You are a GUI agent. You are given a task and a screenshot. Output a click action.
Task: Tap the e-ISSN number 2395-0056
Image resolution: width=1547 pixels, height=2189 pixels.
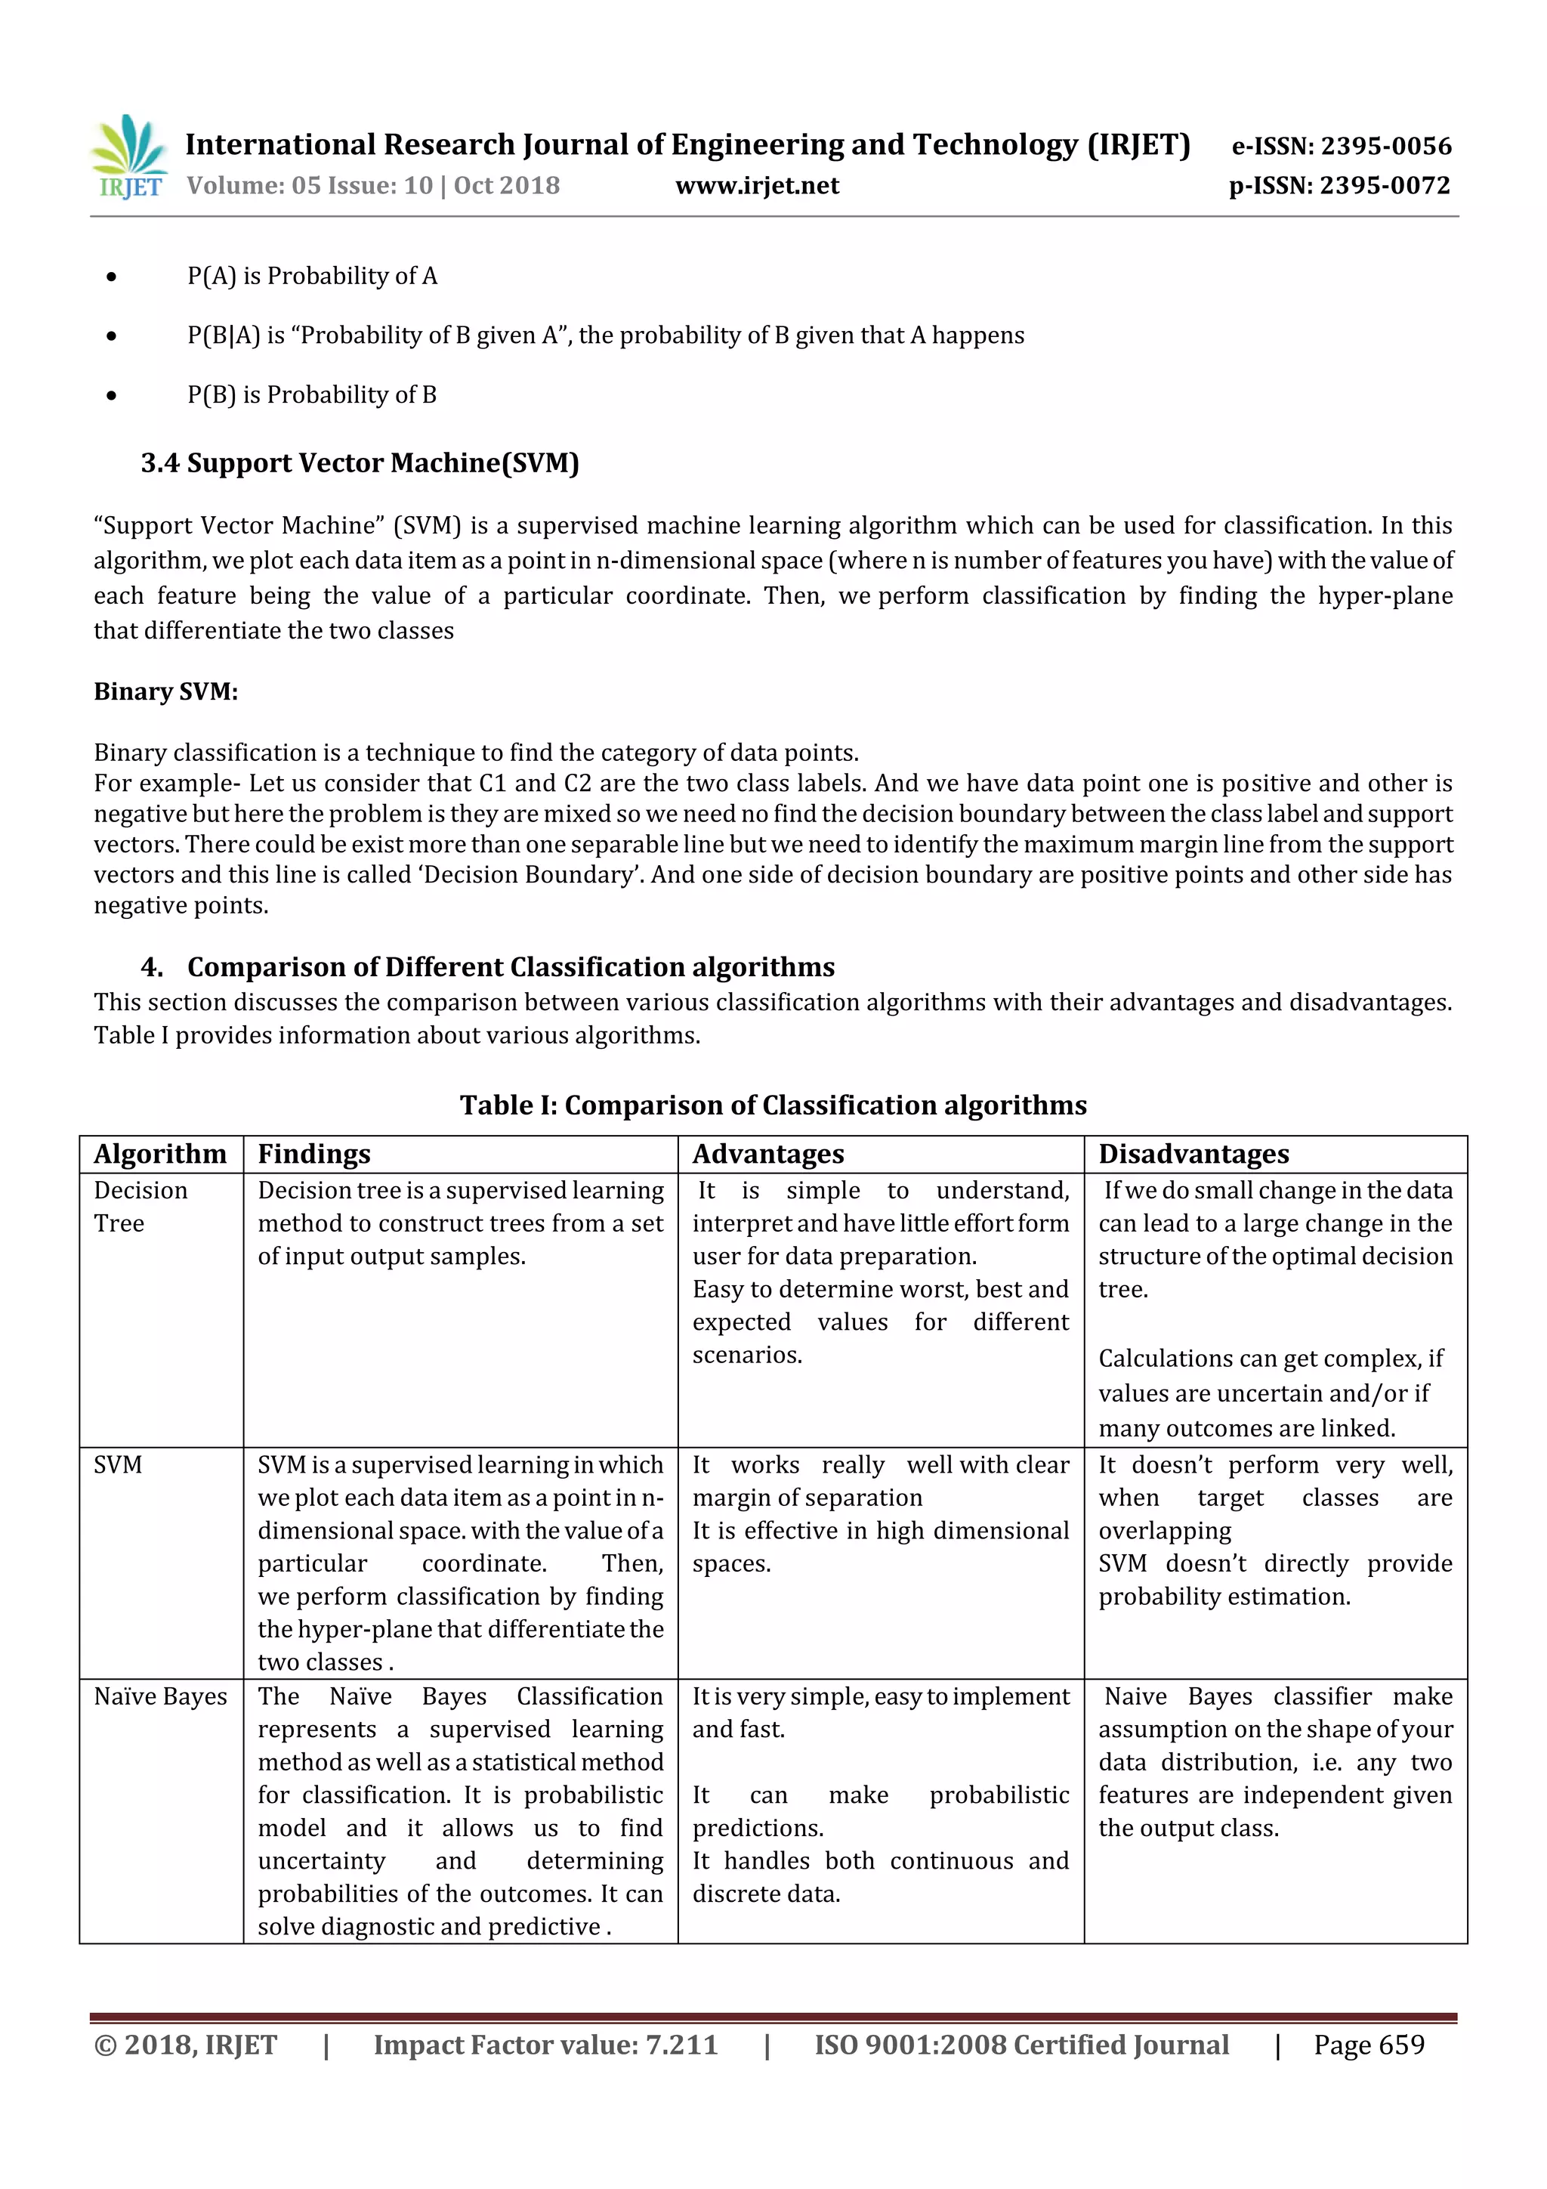(x=1385, y=146)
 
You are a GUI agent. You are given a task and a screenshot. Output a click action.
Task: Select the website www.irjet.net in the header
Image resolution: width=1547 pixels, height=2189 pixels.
(x=757, y=186)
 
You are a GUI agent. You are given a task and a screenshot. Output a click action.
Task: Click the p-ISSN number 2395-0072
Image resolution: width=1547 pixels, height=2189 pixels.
(x=1384, y=186)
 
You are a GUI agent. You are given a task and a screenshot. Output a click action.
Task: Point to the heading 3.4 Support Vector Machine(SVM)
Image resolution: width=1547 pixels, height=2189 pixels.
(x=360, y=463)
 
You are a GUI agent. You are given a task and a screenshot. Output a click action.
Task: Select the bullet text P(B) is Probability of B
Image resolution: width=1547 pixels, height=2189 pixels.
(x=312, y=394)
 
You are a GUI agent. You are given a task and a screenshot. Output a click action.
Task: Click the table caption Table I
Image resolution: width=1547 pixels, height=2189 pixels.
(x=772, y=1105)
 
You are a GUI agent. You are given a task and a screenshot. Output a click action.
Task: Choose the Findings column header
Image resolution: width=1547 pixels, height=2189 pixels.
(x=313, y=1155)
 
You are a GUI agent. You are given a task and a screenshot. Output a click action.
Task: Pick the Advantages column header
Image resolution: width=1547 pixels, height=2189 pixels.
(x=767, y=1155)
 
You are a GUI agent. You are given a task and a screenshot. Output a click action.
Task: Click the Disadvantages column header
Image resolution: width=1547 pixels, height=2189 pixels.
(x=1193, y=1155)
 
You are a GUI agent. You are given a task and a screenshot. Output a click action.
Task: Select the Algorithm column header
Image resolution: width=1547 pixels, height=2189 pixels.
(x=160, y=1155)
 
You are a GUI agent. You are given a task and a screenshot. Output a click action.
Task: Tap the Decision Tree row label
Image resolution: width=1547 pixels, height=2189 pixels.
(x=140, y=1207)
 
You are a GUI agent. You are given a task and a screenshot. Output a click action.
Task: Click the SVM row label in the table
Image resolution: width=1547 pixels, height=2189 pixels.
(x=118, y=1464)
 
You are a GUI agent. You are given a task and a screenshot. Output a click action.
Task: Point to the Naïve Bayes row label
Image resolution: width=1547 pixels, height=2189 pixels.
(x=160, y=1696)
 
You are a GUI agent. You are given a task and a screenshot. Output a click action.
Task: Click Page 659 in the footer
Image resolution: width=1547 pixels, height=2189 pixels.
(x=1368, y=2044)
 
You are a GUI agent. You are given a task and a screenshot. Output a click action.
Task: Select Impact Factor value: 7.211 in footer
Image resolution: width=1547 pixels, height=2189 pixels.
(x=545, y=2044)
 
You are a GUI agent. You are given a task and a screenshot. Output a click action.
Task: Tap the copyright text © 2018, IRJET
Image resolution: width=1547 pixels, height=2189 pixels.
(x=185, y=2044)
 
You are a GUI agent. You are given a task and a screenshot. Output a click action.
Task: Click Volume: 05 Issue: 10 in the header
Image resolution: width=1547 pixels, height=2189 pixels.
(x=310, y=186)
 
